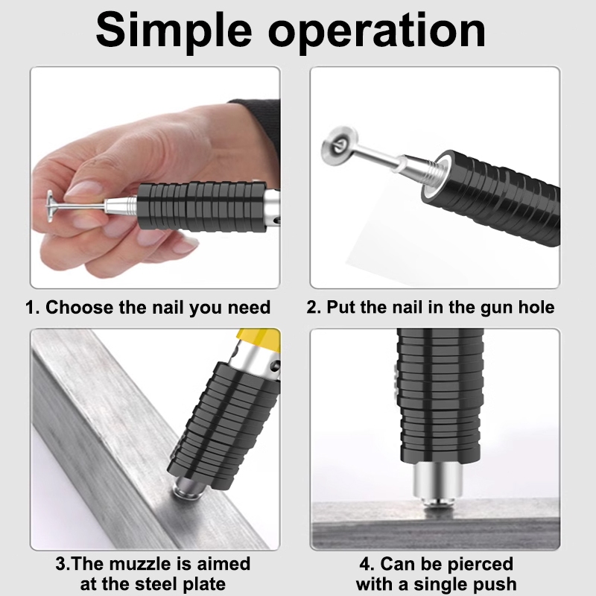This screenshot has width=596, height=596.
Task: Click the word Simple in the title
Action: pyautogui.click(x=174, y=31)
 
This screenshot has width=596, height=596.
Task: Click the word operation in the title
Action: pyautogui.click(x=377, y=32)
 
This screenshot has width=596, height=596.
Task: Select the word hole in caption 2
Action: pyautogui.click(x=536, y=307)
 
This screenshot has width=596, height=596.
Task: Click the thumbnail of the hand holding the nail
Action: pyautogui.click(x=156, y=177)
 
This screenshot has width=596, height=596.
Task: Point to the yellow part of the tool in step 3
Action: pyautogui.click(x=259, y=338)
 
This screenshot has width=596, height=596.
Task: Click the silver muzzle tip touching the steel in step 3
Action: pyautogui.click(x=187, y=489)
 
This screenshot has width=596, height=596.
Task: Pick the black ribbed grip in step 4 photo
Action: pyautogui.click(x=440, y=396)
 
